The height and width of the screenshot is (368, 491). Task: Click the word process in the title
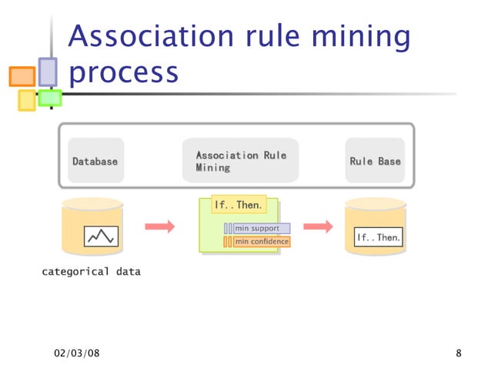click(123, 72)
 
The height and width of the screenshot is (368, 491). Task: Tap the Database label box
click(95, 161)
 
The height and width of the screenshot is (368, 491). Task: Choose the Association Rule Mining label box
click(240, 161)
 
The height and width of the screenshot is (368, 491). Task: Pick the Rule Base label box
click(375, 161)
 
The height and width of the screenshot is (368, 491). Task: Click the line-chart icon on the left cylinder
click(101, 236)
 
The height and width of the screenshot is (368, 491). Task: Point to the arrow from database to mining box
click(160, 226)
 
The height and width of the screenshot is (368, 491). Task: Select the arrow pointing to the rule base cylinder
click(318, 226)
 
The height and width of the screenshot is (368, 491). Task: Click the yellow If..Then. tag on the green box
click(239, 205)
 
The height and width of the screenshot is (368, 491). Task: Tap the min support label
click(262, 229)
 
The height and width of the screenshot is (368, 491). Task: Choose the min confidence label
click(262, 242)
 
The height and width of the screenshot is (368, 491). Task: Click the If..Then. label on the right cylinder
click(378, 238)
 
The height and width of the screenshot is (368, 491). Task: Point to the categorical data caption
click(91, 272)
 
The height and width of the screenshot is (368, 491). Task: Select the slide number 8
click(459, 353)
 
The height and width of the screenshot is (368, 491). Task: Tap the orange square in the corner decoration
click(22, 76)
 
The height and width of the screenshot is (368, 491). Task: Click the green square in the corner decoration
click(50, 98)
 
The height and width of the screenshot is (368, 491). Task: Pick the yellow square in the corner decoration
click(26, 100)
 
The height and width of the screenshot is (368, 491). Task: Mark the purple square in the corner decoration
click(48, 72)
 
